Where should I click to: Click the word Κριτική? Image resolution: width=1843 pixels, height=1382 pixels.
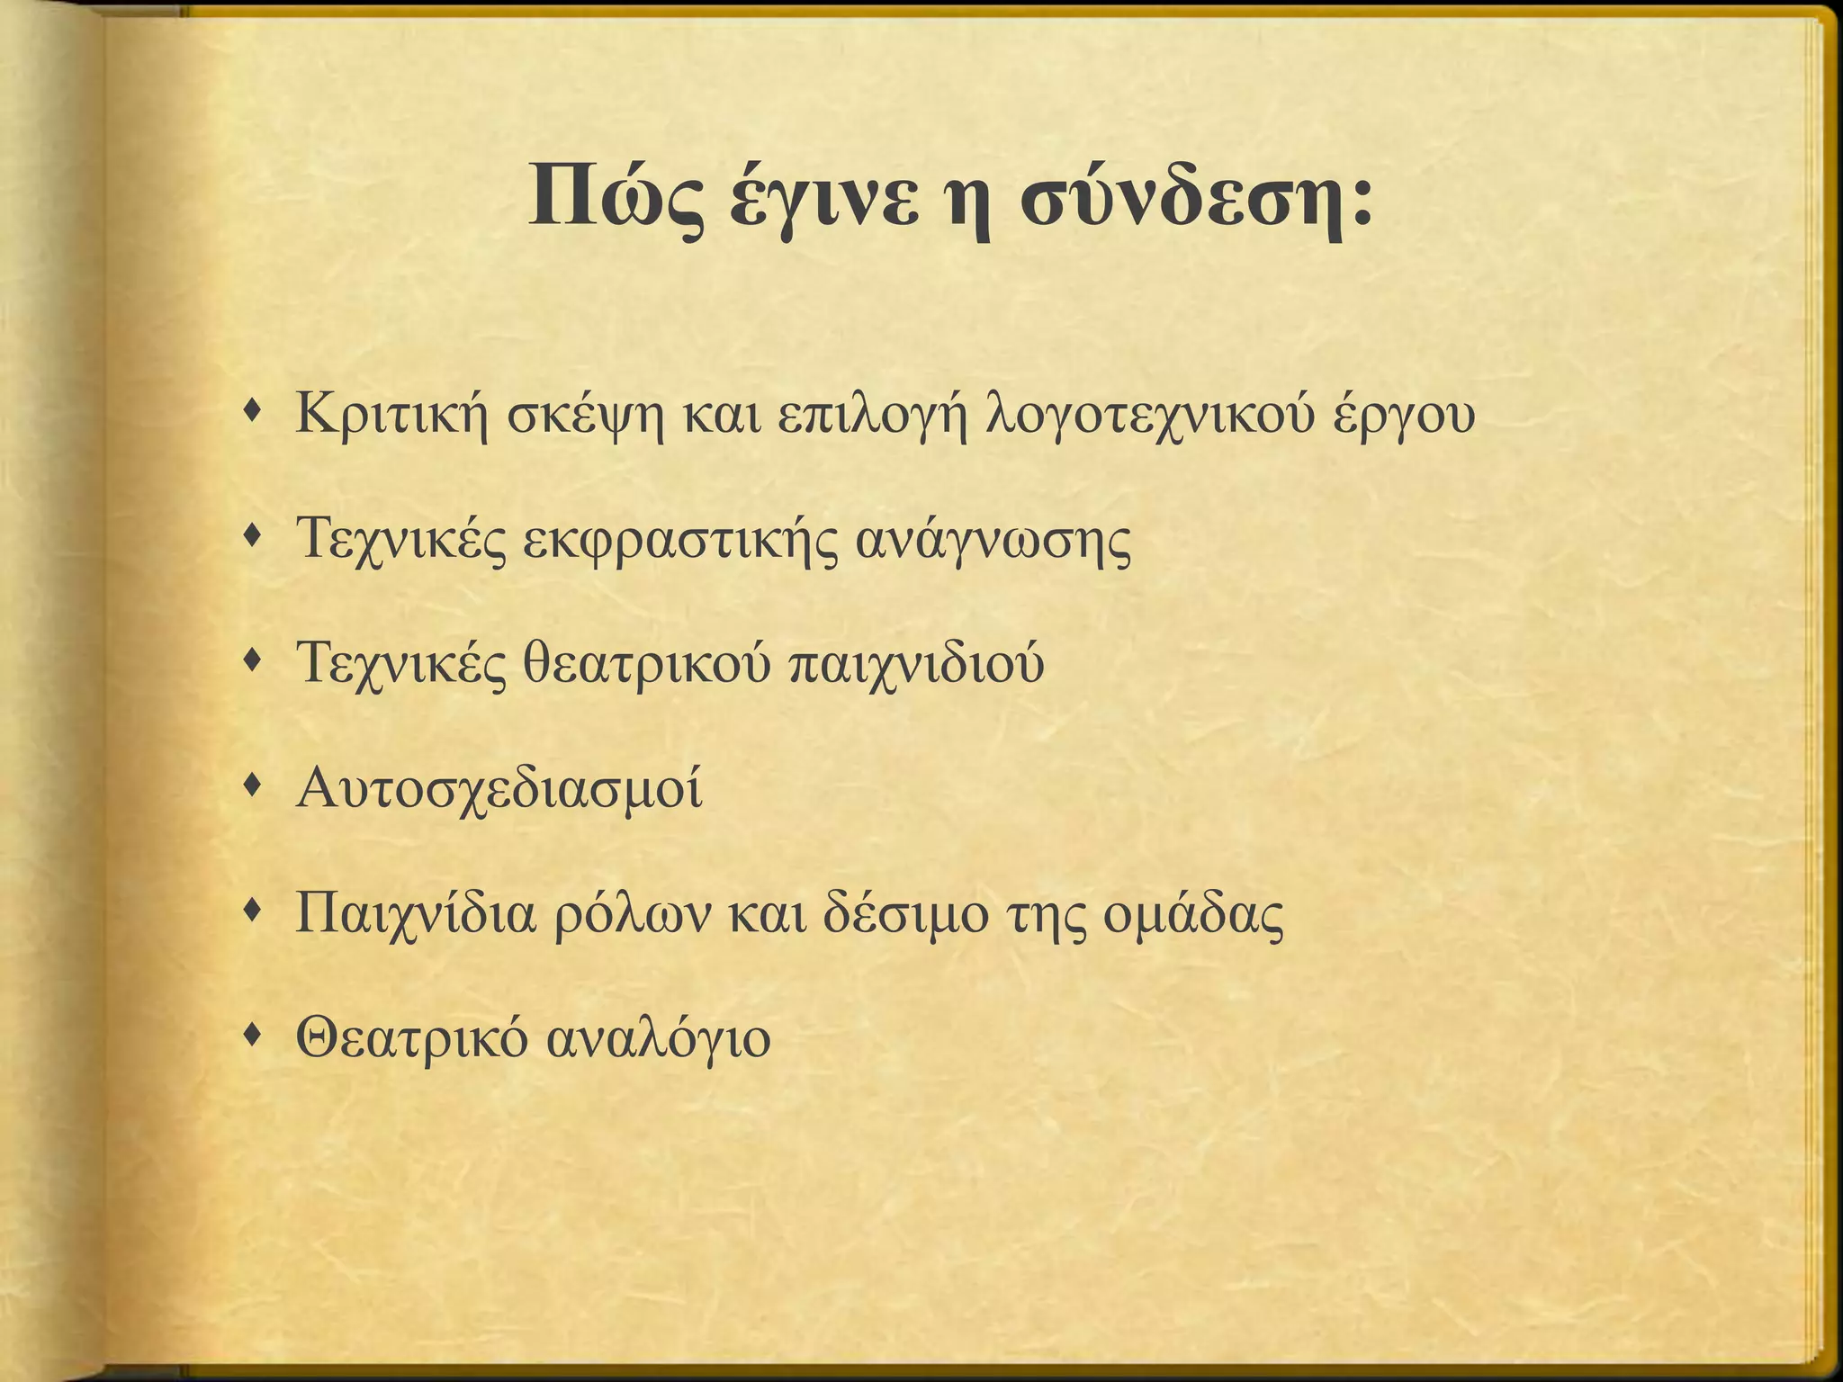(x=392, y=415)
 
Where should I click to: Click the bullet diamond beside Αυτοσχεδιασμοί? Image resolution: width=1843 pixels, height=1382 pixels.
(x=256, y=787)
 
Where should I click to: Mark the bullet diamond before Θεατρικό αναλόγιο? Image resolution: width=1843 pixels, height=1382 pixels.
(x=256, y=1037)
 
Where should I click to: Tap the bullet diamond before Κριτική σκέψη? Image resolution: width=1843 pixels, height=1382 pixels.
(x=256, y=412)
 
